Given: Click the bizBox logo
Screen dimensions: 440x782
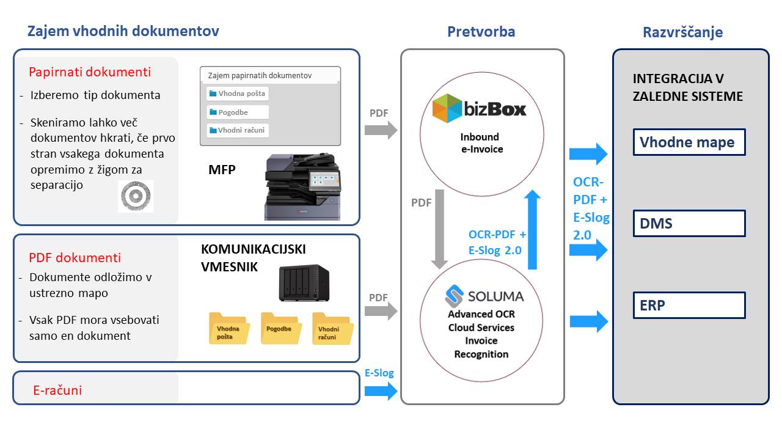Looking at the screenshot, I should (x=479, y=109).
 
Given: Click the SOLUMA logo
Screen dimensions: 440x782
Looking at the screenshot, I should (x=484, y=297).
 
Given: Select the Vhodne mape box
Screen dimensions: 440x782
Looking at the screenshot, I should (x=689, y=142).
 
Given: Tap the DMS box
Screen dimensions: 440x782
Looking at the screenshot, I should (x=689, y=224).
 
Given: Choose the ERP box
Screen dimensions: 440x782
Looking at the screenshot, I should (x=689, y=305).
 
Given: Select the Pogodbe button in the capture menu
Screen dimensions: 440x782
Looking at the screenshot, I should (x=237, y=112).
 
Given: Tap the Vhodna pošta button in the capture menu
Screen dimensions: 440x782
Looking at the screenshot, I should (x=237, y=94).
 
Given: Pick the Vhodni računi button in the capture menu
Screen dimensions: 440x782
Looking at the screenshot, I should (x=237, y=130).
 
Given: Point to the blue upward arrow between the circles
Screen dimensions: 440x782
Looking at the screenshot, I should (x=533, y=230).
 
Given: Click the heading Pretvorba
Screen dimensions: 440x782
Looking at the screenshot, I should (x=481, y=32).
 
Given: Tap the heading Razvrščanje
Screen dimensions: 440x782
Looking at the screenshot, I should (x=682, y=32).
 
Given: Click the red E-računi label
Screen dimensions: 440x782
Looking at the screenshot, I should (x=57, y=390).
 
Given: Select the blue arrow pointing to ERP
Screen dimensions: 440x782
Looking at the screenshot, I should (x=588, y=321).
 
